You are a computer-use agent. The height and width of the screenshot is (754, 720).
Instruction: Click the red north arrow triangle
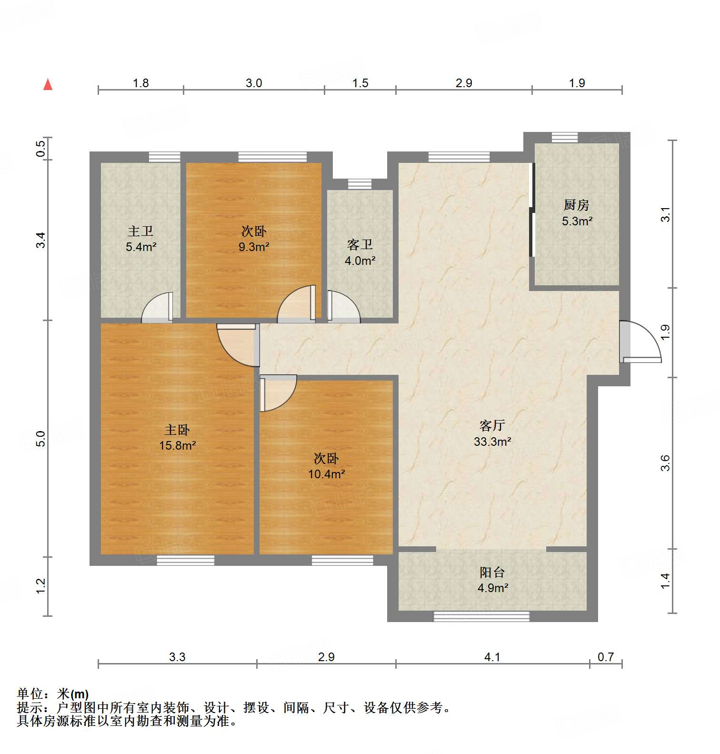pyautogui.click(x=48, y=84)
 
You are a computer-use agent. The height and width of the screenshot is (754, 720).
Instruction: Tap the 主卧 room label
pyautogui.click(x=177, y=430)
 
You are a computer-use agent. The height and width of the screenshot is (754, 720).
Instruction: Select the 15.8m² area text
pyautogui.click(x=177, y=446)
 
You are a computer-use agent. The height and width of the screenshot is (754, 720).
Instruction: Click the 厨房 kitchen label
pyautogui.click(x=576, y=205)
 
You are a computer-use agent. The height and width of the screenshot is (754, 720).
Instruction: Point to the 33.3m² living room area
pyautogui.click(x=492, y=442)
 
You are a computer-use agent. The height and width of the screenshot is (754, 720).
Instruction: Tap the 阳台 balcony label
pyautogui.click(x=492, y=572)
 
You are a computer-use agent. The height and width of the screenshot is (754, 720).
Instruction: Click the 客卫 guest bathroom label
pyautogui.click(x=360, y=245)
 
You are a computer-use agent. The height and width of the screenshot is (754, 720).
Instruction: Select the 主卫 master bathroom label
pyautogui.click(x=140, y=231)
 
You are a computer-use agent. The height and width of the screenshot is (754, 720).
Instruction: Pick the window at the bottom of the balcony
pyautogui.click(x=481, y=616)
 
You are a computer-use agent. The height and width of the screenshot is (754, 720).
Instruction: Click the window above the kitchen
pyautogui.click(x=565, y=137)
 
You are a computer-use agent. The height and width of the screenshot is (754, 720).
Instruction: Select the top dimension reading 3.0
pyautogui.click(x=254, y=83)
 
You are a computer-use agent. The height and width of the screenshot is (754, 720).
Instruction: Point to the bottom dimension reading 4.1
pyautogui.click(x=492, y=657)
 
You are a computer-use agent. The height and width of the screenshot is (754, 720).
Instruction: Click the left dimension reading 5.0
pyautogui.click(x=41, y=438)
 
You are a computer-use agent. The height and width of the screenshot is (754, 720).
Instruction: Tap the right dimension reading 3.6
pyautogui.click(x=665, y=463)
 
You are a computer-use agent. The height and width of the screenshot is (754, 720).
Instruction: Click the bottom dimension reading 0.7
pyautogui.click(x=605, y=657)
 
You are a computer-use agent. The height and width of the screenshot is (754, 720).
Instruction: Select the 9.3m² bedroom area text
pyautogui.click(x=254, y=247)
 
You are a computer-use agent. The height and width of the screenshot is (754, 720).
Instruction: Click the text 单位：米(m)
pyautogui.click(x=53, y=694)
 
